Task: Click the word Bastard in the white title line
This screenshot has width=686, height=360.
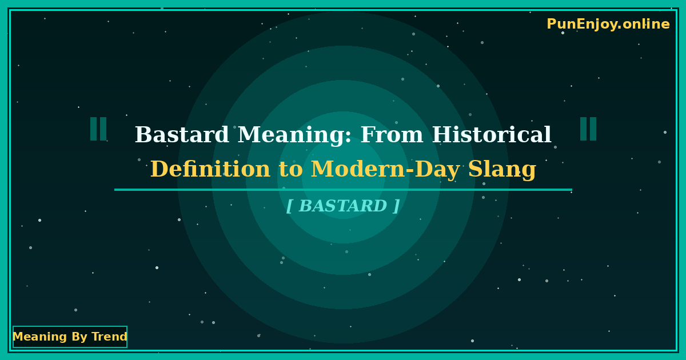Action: pyautogui.click(x=182, y=135)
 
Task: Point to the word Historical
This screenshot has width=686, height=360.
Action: pyautogui.click(x=492, y=135)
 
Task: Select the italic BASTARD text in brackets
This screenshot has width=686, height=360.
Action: pyautogui.click(x=343, y=206)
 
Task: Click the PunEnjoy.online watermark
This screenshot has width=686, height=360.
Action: pyautogui.click(x=608, y=25)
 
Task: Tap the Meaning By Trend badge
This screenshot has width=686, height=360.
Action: pyautogui.click(x=70, y=337)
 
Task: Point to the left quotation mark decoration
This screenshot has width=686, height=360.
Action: pyautogui.click(x=98, y=129)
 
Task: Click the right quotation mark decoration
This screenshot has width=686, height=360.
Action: pyautogui.click(x=588, y=129)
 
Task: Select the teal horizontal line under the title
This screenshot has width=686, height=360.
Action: pyautogui.click(x=343, y=190)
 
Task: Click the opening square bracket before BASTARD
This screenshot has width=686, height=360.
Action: pyautogui.click(x=289, y=206)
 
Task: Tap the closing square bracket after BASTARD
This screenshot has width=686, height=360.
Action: pyautogui.click(x=396, y=206)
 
